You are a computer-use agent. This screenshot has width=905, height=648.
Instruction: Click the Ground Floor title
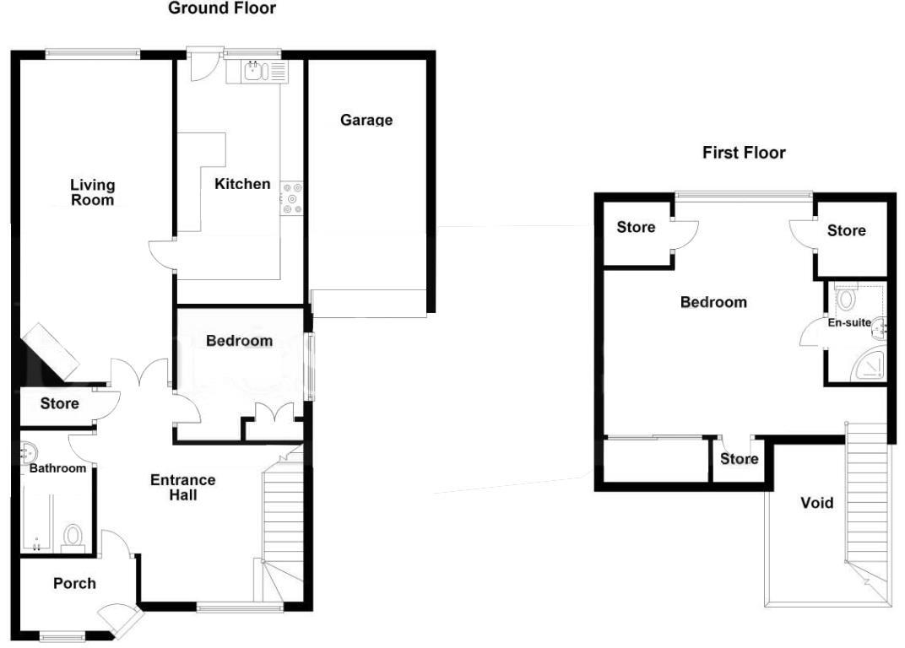pos(222,8)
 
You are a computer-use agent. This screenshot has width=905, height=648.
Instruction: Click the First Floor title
pos(744,153)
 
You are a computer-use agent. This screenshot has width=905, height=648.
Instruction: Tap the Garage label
pos(366,120)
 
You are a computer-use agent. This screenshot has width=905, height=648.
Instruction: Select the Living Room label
pos(92,192)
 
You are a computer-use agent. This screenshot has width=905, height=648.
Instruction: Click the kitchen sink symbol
pos(254,72)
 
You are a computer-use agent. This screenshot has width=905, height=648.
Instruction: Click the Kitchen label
pos(242,183)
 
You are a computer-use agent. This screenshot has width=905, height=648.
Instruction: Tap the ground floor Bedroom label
pos(239,341)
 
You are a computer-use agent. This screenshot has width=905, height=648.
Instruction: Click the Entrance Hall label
pos(183,487)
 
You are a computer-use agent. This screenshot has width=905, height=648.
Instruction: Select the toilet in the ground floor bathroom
pos(74,537)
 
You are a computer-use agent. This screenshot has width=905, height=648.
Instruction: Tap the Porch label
pos(74,583)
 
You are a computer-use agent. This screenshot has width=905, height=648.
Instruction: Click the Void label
pos(816,503)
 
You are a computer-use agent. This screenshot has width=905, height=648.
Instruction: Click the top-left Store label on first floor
pos(636,227)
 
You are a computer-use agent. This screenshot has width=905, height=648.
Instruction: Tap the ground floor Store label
pos(60,403)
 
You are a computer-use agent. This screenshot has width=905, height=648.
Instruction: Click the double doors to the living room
pos(139,374)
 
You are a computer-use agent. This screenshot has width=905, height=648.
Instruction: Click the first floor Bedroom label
pos(713,302)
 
